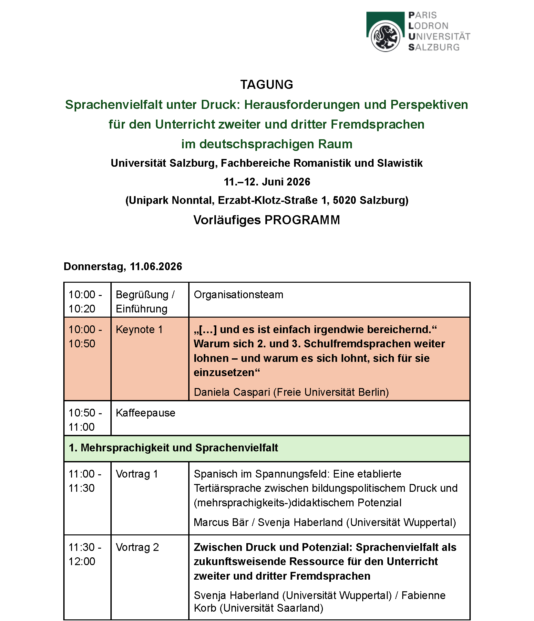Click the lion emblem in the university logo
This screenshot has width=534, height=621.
point(385,36)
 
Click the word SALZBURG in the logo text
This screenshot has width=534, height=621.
point(434,47)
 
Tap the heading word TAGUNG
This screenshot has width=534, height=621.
point(267,85)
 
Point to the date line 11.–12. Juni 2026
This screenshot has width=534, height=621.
point(267,182)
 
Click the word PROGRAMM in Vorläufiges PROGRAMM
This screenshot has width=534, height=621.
point(302,220)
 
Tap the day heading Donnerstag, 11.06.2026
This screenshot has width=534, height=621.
point(123,267)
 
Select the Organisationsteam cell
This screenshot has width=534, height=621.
point(238,295)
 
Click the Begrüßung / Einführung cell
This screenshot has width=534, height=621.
point(145,301)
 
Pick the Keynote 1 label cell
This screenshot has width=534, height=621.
point(139,330)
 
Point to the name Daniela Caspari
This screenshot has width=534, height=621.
point(232,392)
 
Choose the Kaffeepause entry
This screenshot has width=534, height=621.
point(145,413)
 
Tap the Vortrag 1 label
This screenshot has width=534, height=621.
point(137,474)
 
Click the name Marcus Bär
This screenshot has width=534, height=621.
point(221,522)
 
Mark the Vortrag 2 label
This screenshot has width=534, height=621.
point(137,547)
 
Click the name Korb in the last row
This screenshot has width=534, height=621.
point(205,608)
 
